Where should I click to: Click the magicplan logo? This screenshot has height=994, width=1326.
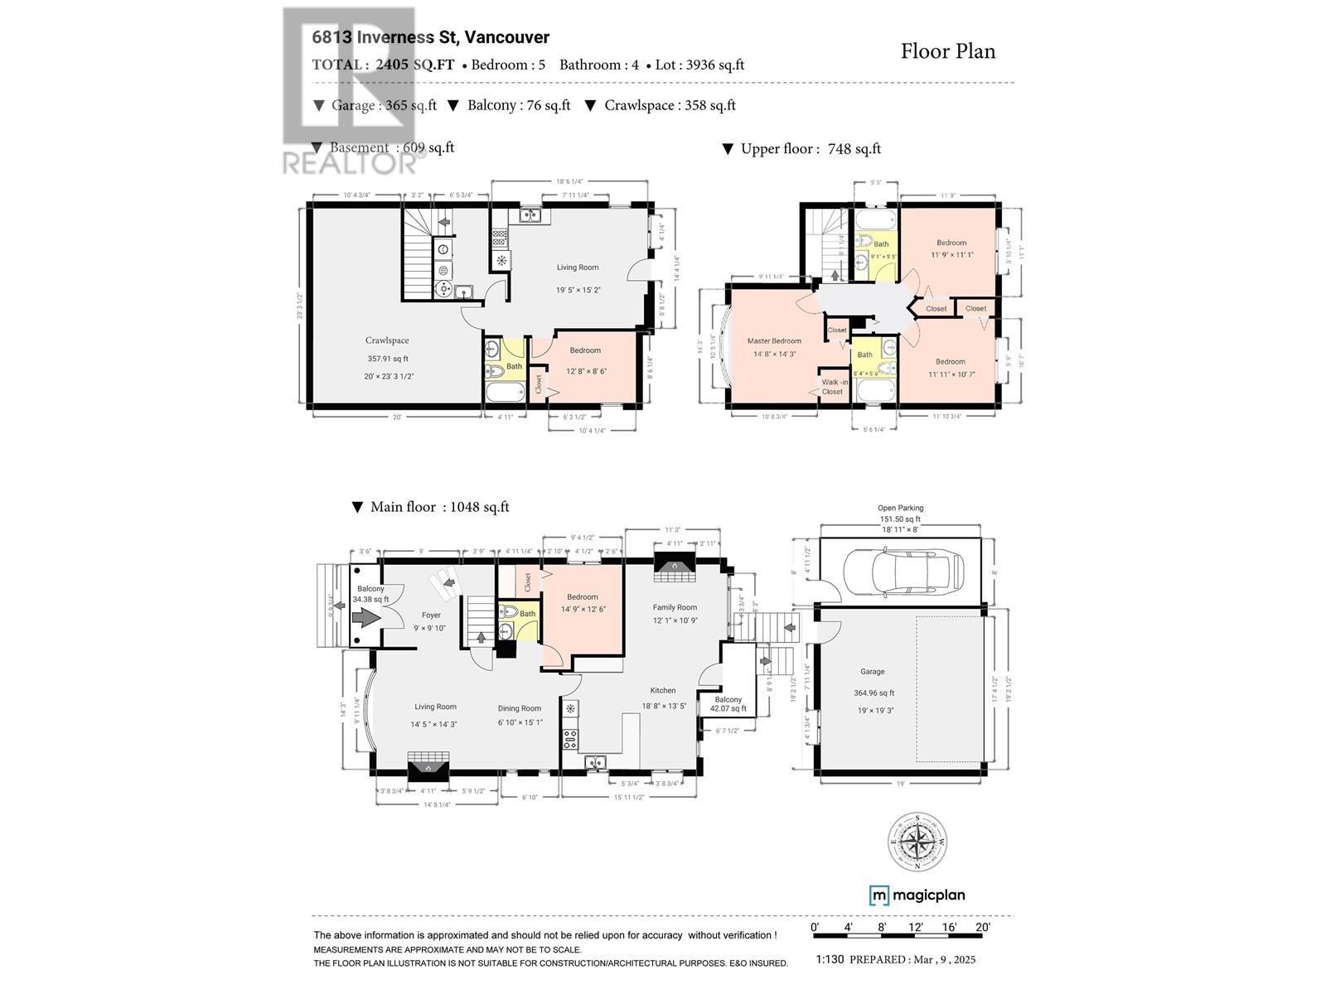pos(917,895)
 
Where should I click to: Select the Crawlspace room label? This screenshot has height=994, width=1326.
pos(387,340)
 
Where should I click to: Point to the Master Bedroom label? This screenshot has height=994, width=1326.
pos(774,341)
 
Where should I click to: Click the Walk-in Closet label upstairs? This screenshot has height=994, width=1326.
pos(834,387)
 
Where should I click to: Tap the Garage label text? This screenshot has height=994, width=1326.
pos(872,672)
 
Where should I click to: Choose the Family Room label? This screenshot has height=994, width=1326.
pos(675,607)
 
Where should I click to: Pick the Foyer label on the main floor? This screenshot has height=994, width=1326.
pos(431,615)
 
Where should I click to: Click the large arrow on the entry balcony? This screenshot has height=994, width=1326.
pos(365,617)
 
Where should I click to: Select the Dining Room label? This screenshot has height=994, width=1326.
pos(520,708)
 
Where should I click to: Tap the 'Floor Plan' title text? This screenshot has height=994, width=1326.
pos(948,51)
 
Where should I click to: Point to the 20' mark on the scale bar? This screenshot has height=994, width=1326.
pos(983,927)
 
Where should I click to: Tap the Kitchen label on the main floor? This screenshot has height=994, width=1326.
pos(663,690)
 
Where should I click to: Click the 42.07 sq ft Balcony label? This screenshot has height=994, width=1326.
pos(728,704)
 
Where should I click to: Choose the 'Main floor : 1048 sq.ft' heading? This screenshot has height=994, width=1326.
pos(438,507)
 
